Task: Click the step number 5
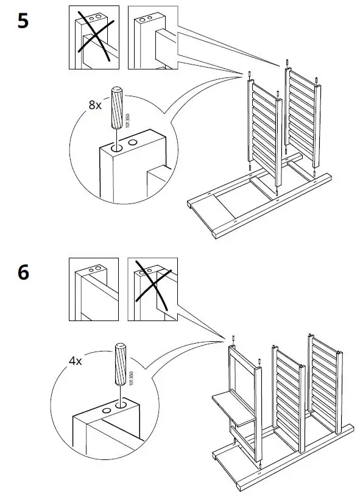(23, 21)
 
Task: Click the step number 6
(23, 272)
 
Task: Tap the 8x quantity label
(95, 105)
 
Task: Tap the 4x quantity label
(76, 361)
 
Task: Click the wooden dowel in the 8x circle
(116, 108)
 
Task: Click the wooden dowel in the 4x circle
(121, 364)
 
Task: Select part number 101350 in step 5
(128, 121)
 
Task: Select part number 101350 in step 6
(132, 378)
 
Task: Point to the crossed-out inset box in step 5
(94, 37)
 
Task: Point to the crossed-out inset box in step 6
(153, 289)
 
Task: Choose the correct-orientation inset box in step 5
(153, 37)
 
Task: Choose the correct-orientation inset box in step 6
(94, 289)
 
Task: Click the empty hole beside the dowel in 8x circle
(133, 142)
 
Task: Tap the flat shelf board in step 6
(234, 409)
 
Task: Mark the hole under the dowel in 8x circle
(116, 148)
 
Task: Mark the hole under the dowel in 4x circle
(121, 405)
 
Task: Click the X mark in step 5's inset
(95, 35)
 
